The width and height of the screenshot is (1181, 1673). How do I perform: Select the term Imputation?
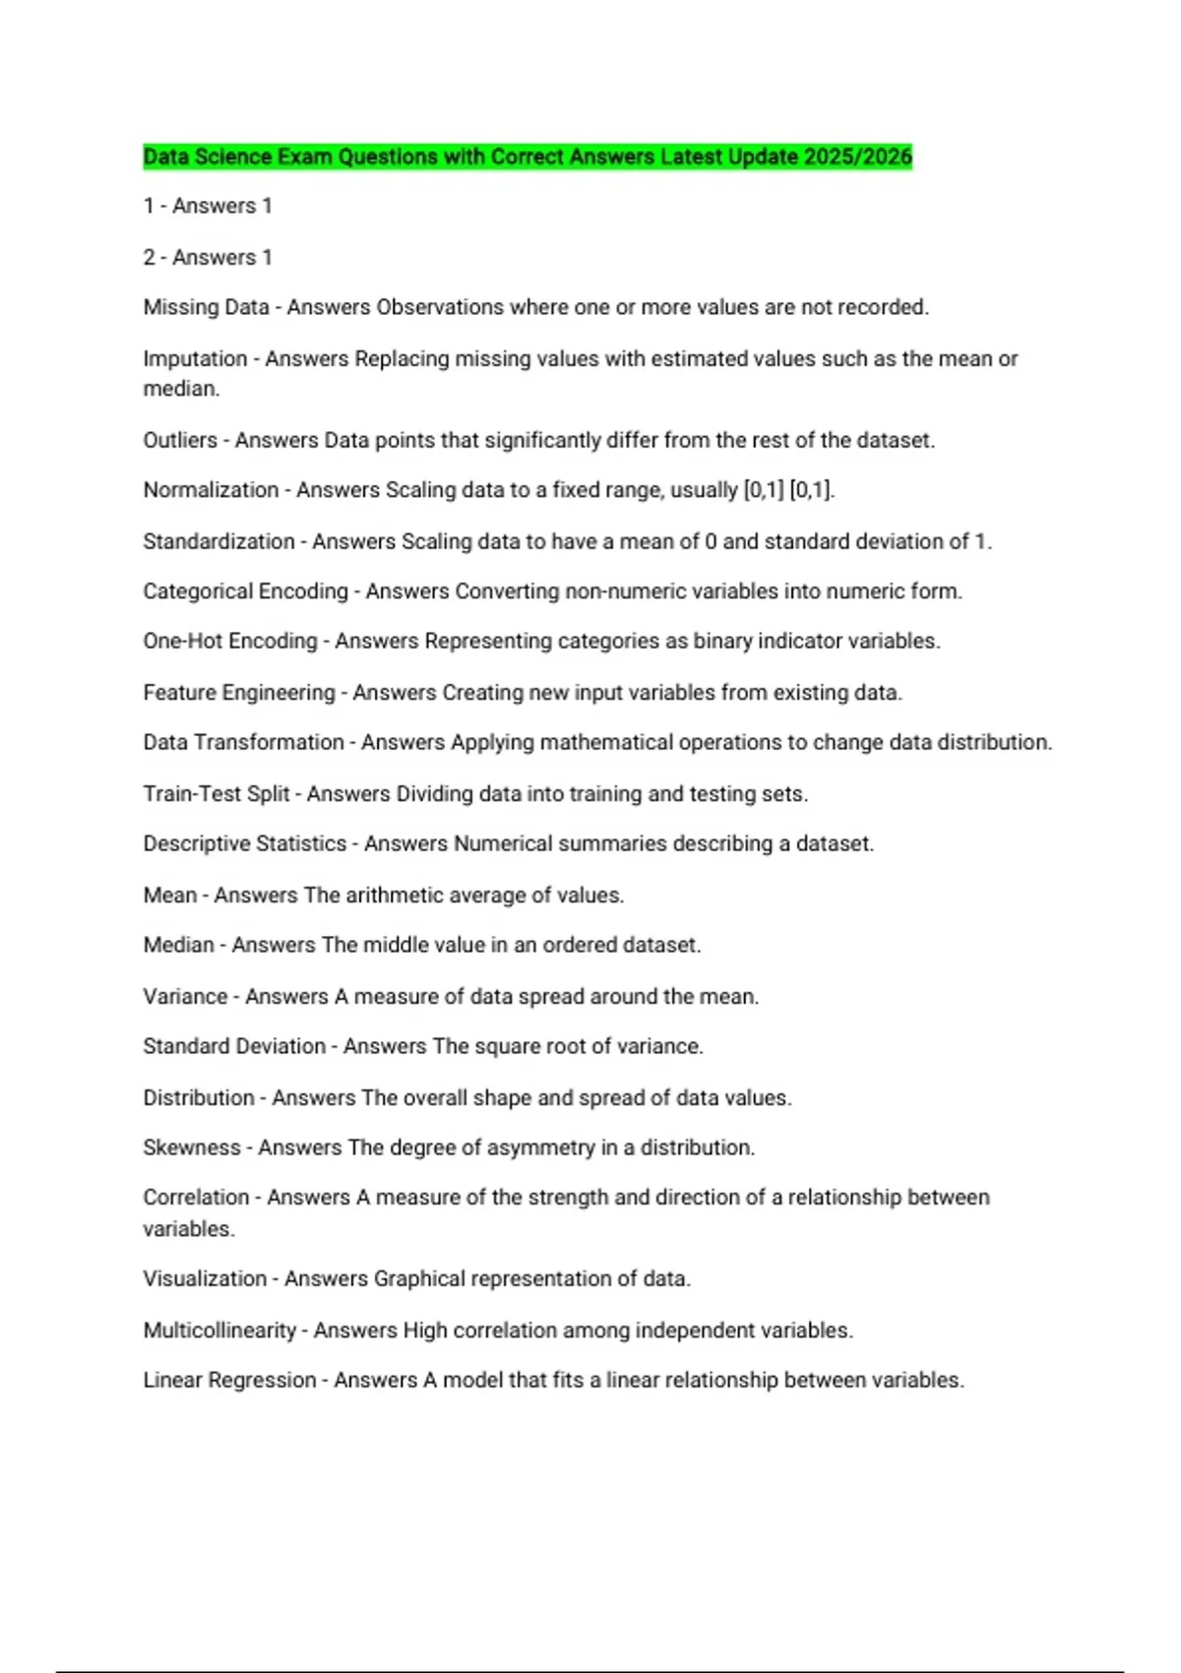[x=195, y=359]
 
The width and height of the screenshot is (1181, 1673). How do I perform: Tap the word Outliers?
[x=180, y=440]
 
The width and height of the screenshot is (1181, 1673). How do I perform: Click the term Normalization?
[x=211, y=490]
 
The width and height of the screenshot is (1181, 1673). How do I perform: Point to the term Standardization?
[x=218, y=541]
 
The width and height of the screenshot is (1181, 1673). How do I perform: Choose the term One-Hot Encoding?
[x=230, y=641]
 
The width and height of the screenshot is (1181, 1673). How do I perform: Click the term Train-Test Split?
[x=217, y=793]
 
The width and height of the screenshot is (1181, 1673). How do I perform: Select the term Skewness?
[x=192, y=1147]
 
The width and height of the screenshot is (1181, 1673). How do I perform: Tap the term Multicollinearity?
[x=219, y=1331]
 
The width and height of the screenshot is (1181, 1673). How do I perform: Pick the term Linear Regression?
[x=229, y=1380]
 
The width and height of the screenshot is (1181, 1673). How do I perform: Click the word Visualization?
[x=205, y=1278]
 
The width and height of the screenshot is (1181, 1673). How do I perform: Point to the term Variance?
[x=185, y=996]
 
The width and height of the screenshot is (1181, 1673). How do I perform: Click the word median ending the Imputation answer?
[x=180, y=389]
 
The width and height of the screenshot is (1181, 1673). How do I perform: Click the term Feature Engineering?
[x=239, y=693]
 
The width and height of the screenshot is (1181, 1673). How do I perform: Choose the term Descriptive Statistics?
[x=245, y=843]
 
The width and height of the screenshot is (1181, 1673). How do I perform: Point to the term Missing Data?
[x=206, y=307]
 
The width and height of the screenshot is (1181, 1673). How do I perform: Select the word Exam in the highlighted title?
[x=305, y=156]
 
